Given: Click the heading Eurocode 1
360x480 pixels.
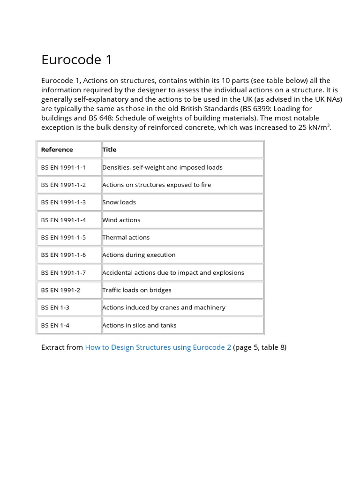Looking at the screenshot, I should (x=77, y=60).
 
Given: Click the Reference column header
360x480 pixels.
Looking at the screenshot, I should (x=57, y=150).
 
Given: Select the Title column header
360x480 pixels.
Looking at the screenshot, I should (x=110, y=150).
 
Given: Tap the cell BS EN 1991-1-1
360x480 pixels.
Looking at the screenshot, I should (x=63, y=167).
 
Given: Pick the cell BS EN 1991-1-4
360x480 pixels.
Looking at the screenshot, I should (x=63, y=220).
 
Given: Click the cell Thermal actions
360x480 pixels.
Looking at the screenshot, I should (x=126, y=237).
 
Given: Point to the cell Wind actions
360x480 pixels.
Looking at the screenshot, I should (x=121, y=220).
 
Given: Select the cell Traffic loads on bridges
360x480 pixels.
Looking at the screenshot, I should (x=137, y=290).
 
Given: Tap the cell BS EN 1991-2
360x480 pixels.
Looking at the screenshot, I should (x=60, y=290).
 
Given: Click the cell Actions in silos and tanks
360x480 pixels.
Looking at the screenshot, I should (x=139, y=325).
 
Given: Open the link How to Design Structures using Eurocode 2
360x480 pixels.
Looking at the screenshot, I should (x=158, y=347).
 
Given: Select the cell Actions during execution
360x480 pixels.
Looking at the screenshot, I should (x=139, y=255).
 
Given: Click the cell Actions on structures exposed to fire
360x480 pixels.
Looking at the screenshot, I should (x=157, y=185).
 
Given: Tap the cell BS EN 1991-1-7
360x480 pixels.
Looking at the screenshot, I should (x=63, y=272).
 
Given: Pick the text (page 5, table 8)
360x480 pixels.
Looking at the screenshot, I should (x=260, y=347).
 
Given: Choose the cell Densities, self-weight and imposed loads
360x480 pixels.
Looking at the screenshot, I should (x=162, y=167).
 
